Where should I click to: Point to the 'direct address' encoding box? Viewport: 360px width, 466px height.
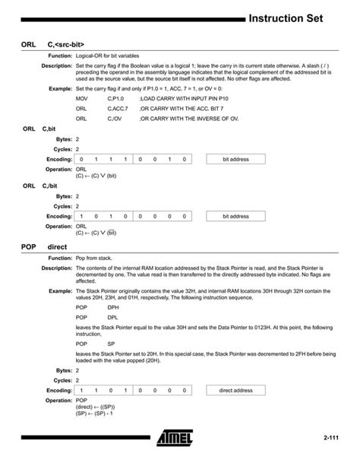235,390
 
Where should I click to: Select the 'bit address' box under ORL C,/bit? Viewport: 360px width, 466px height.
235,216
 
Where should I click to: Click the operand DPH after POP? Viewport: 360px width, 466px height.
112,307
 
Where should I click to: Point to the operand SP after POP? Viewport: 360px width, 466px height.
111,344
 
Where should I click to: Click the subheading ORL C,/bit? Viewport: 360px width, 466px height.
42,185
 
